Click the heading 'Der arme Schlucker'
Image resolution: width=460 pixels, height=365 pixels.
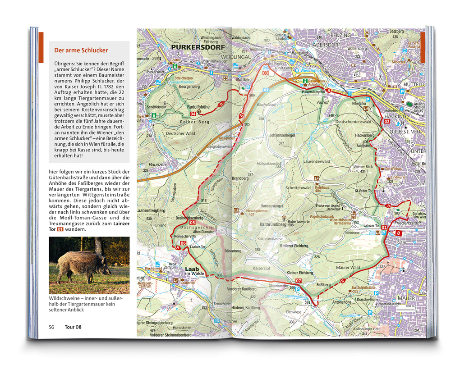pos(81,50)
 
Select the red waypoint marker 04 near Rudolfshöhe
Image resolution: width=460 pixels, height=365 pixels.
pos(193,114)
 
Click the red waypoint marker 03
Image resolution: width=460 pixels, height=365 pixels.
pos(265,73)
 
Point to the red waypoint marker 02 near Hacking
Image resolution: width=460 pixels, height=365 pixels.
pos(386,122)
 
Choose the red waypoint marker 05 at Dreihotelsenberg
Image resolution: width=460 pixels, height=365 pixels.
pos(193,223)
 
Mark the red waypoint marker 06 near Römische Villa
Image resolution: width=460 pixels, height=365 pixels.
pos(183,244)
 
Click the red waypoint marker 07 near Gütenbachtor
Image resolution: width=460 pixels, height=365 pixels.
pos(299,281)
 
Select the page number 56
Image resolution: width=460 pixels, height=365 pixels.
pos(51,327)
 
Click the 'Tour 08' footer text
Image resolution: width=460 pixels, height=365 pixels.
pos(73,327)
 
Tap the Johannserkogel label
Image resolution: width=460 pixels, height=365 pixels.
pos(282,135)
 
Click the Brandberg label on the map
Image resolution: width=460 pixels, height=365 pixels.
pos(240,178)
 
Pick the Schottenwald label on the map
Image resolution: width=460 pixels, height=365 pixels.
pos(298,188)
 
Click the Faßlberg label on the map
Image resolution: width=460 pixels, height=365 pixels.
pos(324,285)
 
